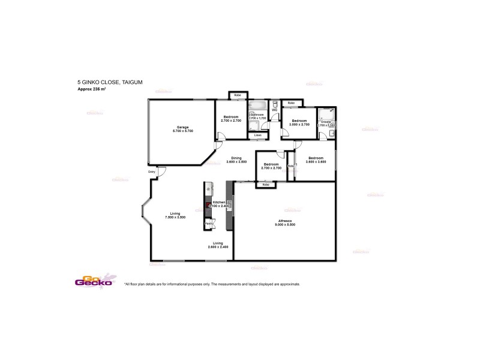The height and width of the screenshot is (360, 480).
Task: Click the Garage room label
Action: click(x=182, y=127)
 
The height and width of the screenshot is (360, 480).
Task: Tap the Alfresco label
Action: click(x=285, y=221)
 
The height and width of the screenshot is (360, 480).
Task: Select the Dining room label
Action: click(x=236, y=158)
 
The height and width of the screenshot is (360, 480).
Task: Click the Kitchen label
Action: click(x=219, y=203)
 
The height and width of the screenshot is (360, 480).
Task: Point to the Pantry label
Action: click(x=209, y=223)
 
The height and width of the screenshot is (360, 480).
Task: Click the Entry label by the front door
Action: click(x=152, y=173)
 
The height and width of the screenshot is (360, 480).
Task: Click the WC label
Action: click(x=274, y=110)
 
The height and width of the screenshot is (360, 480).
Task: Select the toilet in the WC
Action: click(x=274, y=104)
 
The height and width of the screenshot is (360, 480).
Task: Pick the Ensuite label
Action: click(x=326, y=122)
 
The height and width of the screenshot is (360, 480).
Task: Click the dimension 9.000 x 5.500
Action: click(x=285, y=225)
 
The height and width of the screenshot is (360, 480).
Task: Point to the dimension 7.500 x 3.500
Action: click(x=175, y=217)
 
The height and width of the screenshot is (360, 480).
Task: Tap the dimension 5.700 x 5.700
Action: click(x=182, y=131)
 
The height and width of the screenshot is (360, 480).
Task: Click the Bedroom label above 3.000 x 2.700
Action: click(x=300, y=121)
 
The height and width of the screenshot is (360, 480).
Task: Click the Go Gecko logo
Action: click(x=89, y=281)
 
